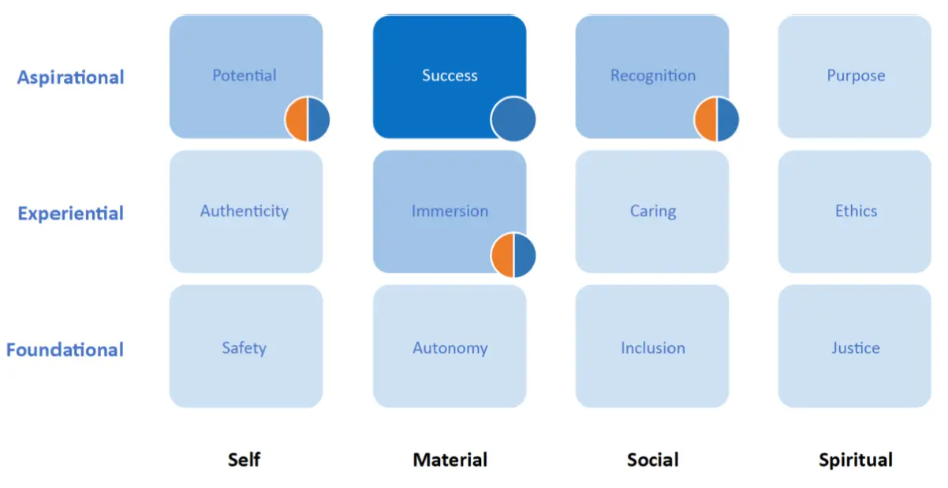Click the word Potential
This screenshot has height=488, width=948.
244,76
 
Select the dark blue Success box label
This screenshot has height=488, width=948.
450,76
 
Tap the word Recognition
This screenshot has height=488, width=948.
653,76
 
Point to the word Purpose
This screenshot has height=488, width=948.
856,76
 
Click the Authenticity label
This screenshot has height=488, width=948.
244,212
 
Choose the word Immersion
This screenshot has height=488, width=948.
450,212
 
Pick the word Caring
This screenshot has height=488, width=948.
653,212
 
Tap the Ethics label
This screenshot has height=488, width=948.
856,212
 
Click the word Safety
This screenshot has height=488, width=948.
244,348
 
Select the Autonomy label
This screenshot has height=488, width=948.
450,348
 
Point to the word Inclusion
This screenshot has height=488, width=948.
653,348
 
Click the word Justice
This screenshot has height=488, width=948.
856,348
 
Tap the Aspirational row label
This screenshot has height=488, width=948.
71,77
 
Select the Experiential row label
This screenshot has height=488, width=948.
71,214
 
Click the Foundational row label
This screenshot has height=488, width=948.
65,350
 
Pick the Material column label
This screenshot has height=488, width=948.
450,460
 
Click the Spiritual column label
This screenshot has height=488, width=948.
856,460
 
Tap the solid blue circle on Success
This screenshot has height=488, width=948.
513,120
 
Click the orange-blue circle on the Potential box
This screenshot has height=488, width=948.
308,120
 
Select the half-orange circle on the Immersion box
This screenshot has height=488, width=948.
513,255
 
